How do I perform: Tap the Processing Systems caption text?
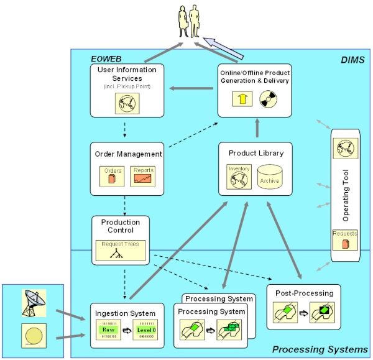pyautogui.click(x=320, y=349)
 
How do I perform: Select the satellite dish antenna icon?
pyautogui.click(x=34, y=301)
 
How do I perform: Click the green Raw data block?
pyautogui.click(x=109, y=330)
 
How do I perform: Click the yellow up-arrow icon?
pyautogui.click(x=241, y=98)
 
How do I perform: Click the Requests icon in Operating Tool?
pyautogui.click(x=346, y=239)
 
